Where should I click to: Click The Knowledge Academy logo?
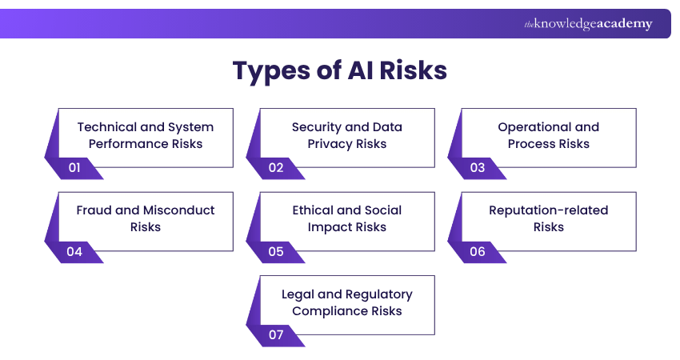point(588,24)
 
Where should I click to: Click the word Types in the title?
point(272,70)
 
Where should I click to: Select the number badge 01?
point(75,168)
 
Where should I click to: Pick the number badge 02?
point(276,168)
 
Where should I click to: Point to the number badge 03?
point(478,168)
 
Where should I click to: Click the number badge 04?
point(75,251)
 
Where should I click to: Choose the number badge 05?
point(276,251)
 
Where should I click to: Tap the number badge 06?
point(478,251)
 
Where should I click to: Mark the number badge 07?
point(276,334)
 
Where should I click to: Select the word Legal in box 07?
point(298,294)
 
